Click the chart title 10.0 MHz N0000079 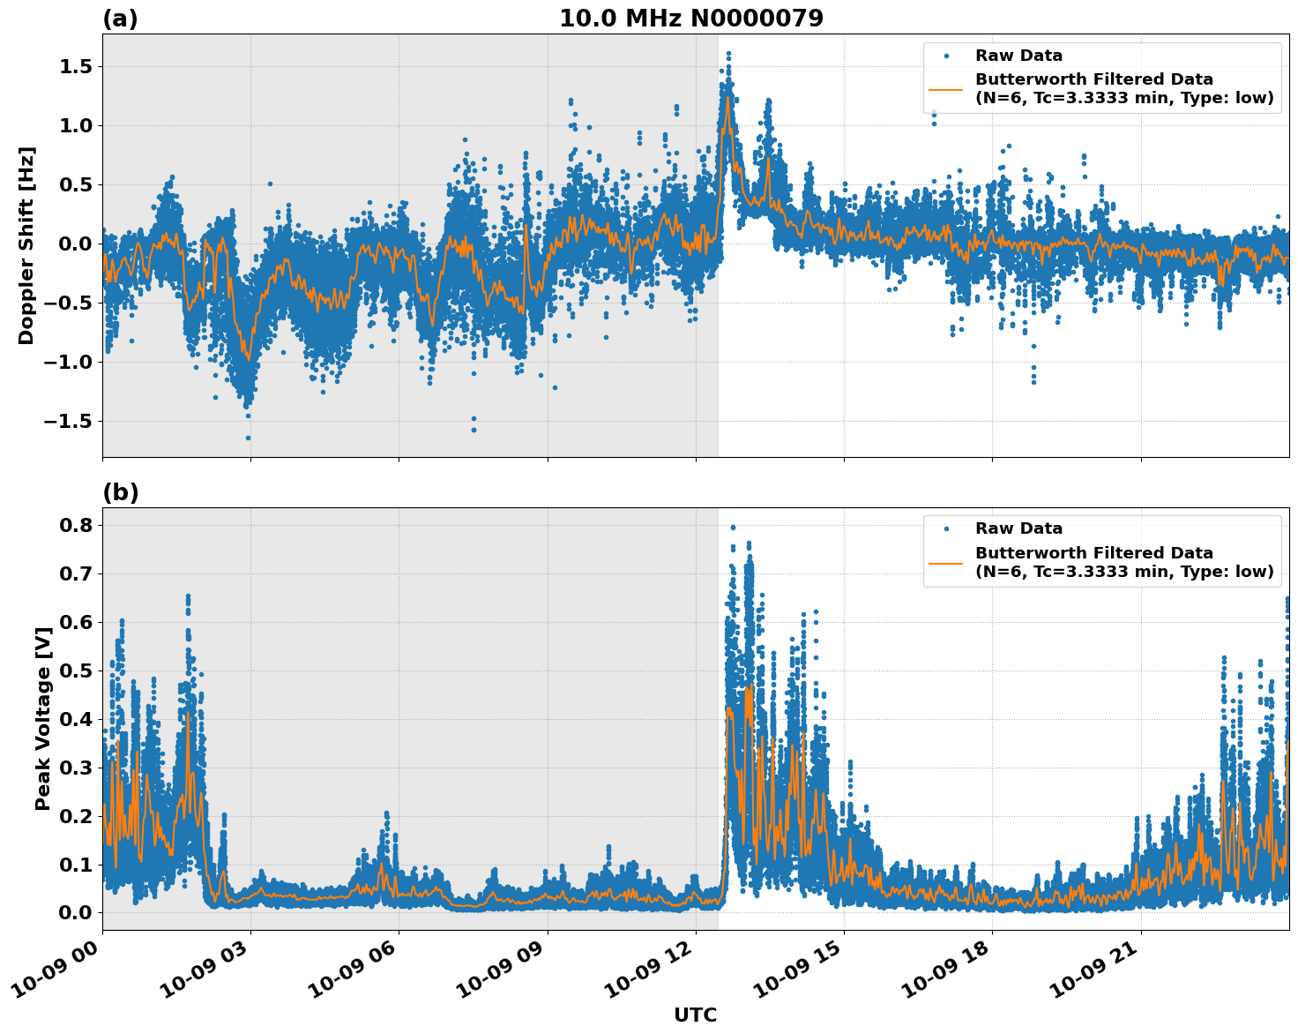tap(691, 19)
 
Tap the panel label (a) tap(120, 19)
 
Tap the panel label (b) tap(120, 492)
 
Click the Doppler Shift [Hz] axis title tap(26, 245)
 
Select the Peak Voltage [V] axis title tap(42, 719)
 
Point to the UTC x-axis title tap(695, 1015)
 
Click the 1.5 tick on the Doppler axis tap(76, 67)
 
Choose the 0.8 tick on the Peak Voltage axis tap(76, 525)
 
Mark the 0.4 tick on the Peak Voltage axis tap(76, 719)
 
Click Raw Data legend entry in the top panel tap(1018, 56)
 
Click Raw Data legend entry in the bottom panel tap(1018, 528)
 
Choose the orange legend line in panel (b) tap(946, 562)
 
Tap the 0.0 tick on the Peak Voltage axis tap(76, 912)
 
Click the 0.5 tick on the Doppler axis tap(76, 184)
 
